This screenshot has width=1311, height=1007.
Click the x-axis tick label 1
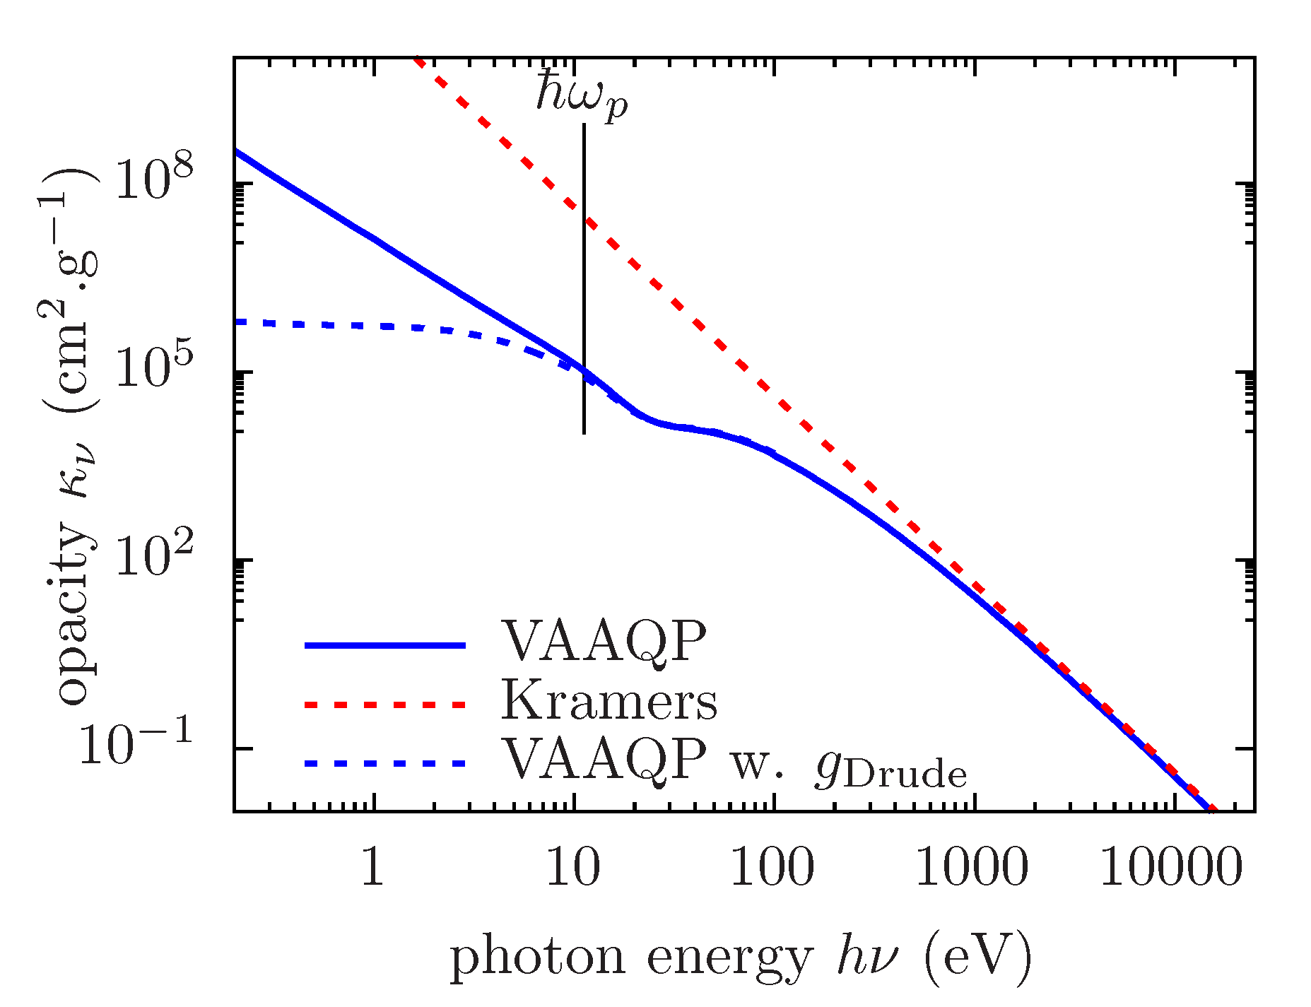[372, 867]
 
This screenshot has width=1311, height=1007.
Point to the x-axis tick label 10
[574, 867]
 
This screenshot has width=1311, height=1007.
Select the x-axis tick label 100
[772, 867]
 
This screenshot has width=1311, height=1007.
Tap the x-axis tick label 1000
[972, 867]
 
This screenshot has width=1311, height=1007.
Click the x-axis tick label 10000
[1171, 867]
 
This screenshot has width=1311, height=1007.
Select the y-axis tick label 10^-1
[136, 745]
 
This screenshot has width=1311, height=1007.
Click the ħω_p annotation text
[581, 97]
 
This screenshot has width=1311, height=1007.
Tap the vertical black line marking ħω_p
[584, 283]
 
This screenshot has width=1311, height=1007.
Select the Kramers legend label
[609, 702]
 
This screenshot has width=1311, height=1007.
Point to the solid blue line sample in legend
[385, 645]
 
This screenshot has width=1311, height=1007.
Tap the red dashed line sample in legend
[385, 705]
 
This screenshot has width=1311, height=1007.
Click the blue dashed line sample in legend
[385, 763]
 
